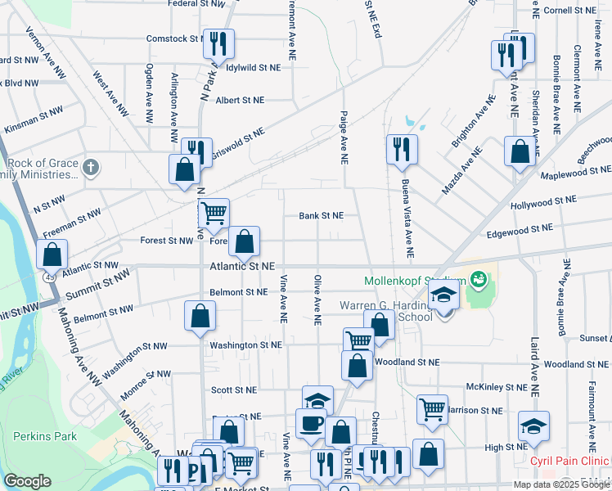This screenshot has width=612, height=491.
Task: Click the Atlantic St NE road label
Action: [x=242, y=266]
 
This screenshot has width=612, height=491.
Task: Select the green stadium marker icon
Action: [x=479, y=282]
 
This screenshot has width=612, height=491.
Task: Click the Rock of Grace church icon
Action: [x=91, y=168]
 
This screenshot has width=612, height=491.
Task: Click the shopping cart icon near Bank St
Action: [x=214, y=213]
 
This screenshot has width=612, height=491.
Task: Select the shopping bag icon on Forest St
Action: [x=244, y=241]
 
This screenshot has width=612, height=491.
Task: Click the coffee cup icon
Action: [x=311, y=424]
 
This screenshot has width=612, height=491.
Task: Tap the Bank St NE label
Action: [x=321, y=215]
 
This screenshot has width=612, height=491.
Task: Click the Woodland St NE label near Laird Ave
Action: [x=574, y=363]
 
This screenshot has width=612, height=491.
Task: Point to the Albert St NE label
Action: [x=240, y=100]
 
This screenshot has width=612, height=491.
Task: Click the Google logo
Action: [x=27, y=481]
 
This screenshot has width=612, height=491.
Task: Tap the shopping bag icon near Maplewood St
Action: [x=520, y=151]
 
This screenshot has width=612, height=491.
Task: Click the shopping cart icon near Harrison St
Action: [x=432, y=408]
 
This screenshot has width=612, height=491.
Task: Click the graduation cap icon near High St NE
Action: [x=533, y=426]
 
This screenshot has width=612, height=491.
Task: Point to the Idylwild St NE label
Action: [x=259, y=67]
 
